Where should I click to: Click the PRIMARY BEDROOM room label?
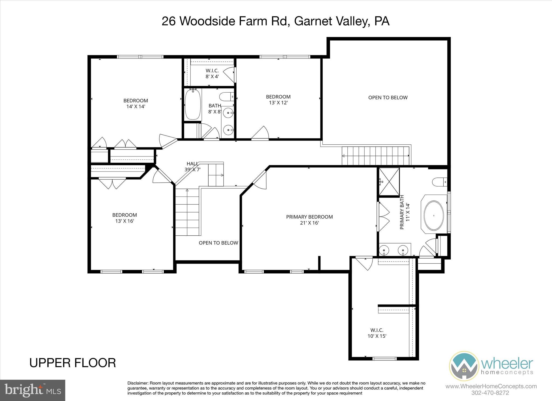tap(309, 217)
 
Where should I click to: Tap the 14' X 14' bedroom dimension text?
tap(136, 106)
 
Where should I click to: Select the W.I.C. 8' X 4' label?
tap(212, 73)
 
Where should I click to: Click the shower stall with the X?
tap(389, 182)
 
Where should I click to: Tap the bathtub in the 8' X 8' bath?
tap(193, 104)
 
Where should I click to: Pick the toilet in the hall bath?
tap(226, 96)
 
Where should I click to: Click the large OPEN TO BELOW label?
tap(388, 97)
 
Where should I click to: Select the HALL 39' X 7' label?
tap(192, 167)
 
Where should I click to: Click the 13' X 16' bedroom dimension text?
tap(125, 221)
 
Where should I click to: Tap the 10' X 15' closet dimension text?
tap(377, 336)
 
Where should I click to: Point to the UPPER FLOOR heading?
tap(73, 363)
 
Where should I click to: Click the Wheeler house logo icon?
tap(464, 366)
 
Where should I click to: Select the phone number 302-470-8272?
tap(490, 393)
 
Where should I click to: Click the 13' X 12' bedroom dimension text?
tap(278, 103)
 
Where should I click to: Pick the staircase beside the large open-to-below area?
tap(376, 156)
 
